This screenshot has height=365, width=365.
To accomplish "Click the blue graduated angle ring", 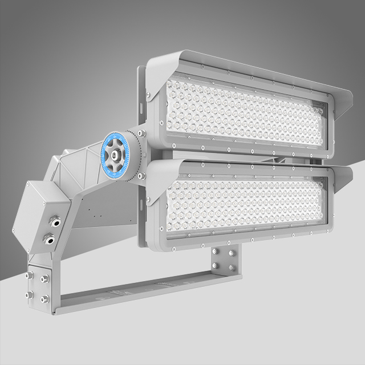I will (104, 152).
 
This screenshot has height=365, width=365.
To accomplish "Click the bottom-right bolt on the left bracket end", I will (44, 298).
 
